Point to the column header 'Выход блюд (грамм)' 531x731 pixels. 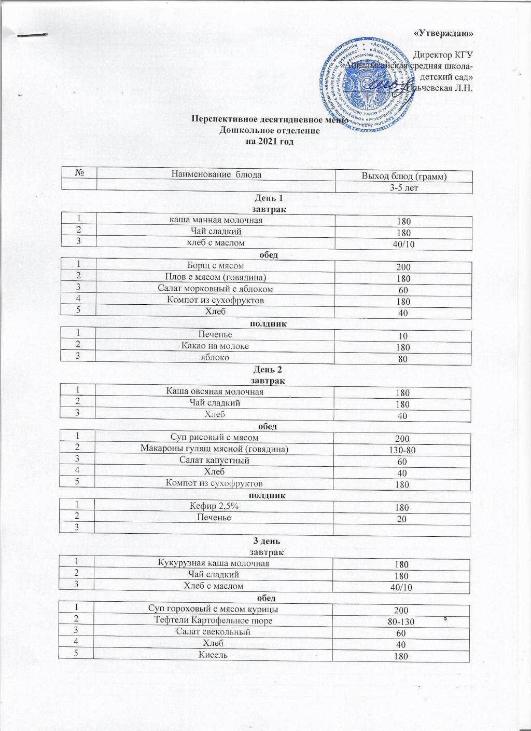[x=404, y=177]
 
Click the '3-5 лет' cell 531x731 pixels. [x=404, y=187]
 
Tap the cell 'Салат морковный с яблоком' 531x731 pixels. [x=215, y=289]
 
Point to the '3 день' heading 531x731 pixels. [x=265, y=540]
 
